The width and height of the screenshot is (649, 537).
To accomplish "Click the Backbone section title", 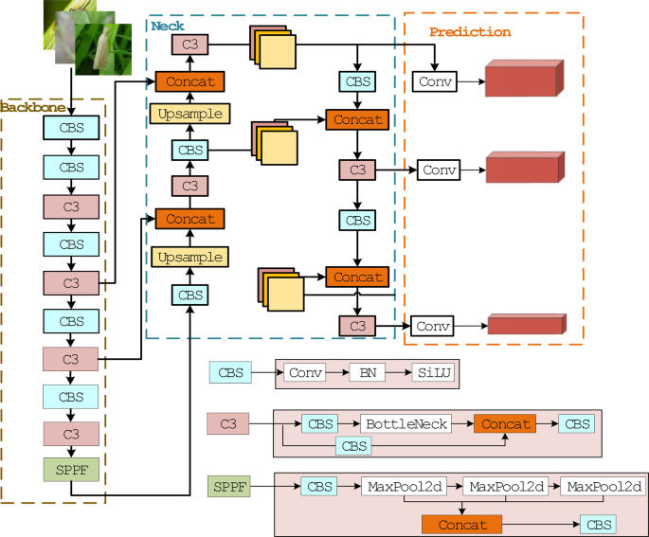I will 27,107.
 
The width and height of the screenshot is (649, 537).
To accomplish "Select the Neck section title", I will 168,26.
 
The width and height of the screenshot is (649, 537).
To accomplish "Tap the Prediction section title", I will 469,32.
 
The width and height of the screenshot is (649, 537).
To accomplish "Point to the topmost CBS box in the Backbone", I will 71,128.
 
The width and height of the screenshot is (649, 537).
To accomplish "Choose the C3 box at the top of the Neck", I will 189,44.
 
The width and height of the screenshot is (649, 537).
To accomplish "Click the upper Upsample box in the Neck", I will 189,115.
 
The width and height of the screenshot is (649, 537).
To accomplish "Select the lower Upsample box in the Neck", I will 189,257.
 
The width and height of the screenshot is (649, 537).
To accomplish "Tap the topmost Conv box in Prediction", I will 435,81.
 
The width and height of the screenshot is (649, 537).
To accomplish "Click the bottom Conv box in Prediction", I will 431,326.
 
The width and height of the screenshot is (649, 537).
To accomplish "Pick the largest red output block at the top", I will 524,80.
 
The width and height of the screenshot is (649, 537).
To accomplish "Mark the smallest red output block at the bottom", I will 526,325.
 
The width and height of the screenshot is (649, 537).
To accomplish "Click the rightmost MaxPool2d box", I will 603,487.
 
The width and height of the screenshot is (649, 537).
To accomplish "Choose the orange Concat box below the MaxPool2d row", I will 462,524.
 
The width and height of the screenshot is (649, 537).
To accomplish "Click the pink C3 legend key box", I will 228,423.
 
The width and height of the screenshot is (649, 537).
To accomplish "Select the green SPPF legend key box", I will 230,487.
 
